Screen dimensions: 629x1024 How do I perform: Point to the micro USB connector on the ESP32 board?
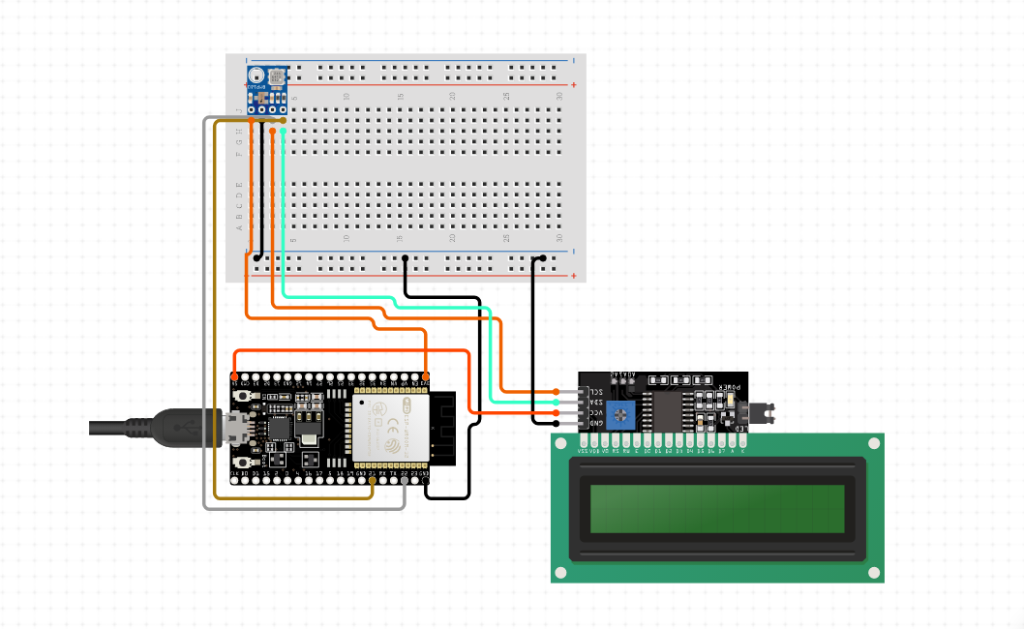(234, 428)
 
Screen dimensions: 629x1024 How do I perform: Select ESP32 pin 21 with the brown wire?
(373, 479)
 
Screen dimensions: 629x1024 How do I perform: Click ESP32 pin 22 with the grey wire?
(405, 479)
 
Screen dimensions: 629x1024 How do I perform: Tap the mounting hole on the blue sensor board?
(256, 75)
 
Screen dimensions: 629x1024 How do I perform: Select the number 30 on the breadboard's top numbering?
(559, 96)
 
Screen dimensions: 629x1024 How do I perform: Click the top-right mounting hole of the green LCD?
(873, 443)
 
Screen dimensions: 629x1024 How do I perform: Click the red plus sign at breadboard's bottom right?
(575, 276)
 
